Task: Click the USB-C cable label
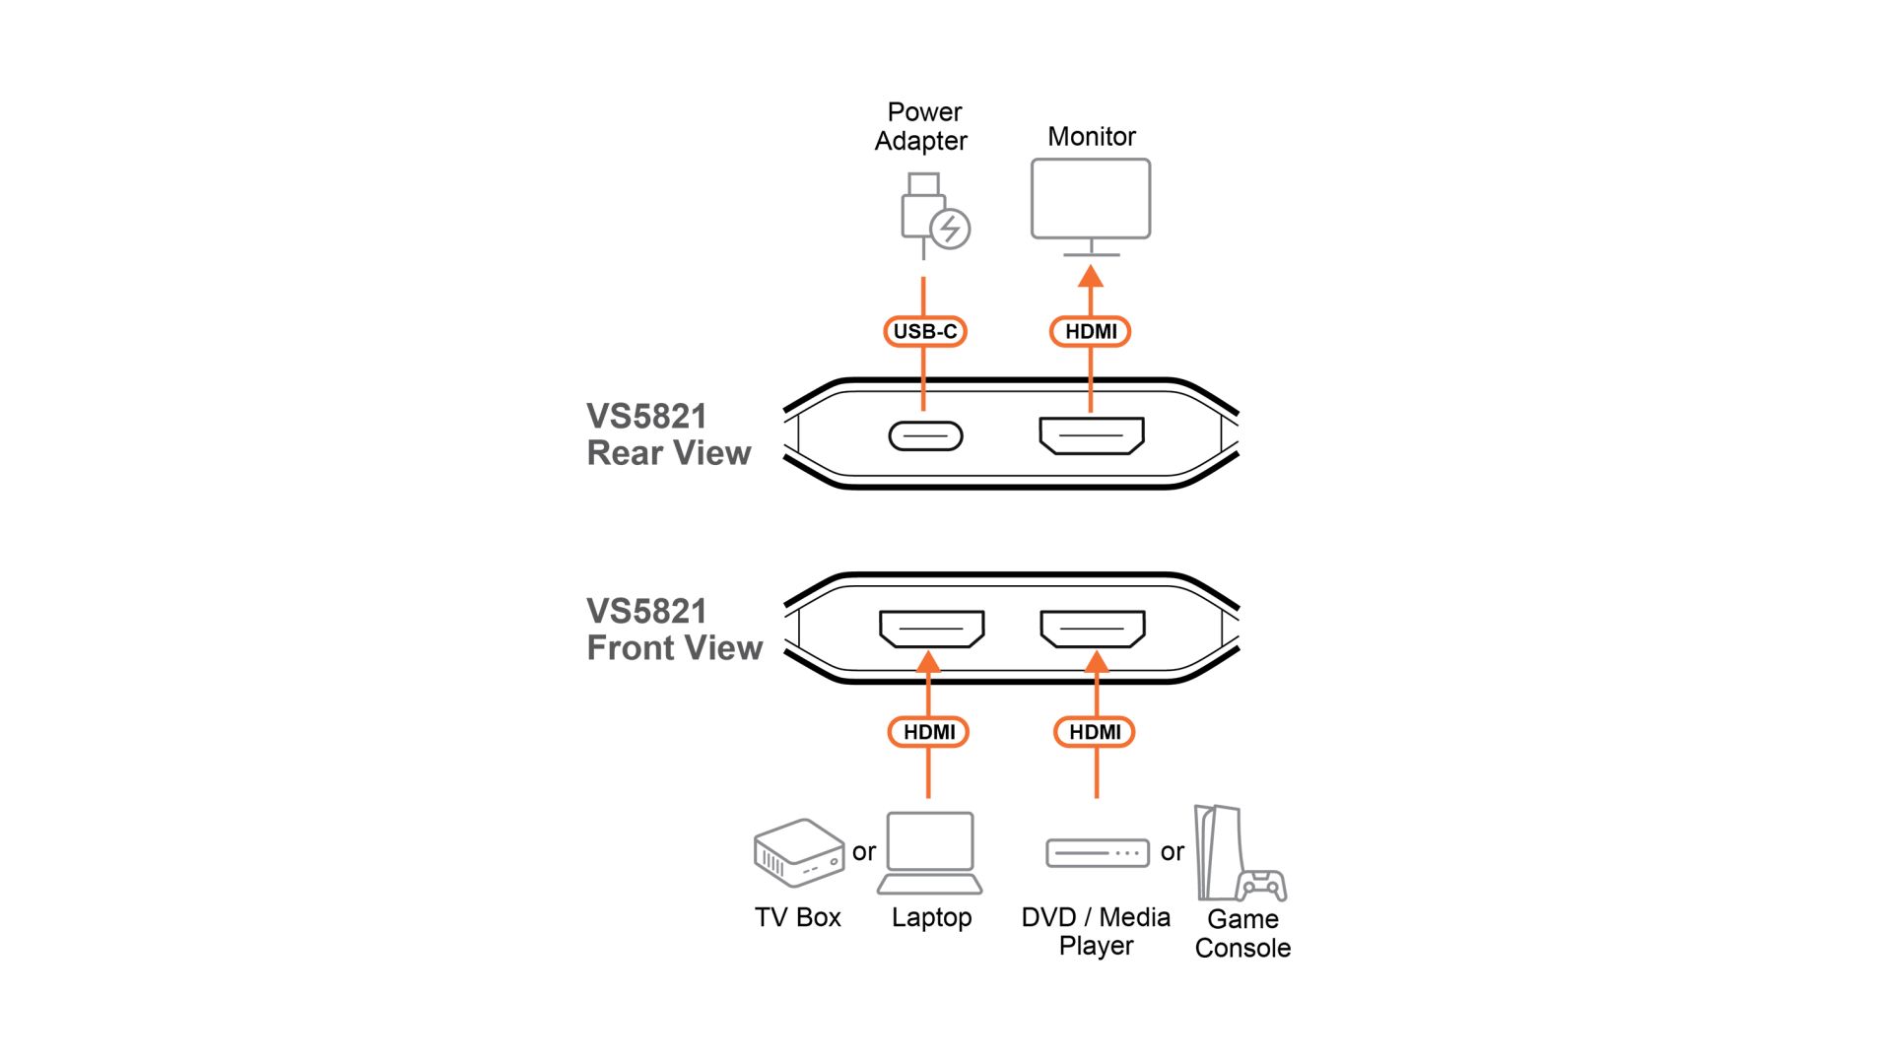click(x=924, y=332)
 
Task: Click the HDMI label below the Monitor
click(x=1090, y=332)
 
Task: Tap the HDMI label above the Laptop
click(x=928, y=732)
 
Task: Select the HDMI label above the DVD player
click(x=1094, y=732)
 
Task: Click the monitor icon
click(x=1090, y=200)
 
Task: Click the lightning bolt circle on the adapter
click(x=950, y=230)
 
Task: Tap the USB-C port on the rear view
click(x=925, y=435)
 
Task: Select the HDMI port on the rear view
click(x=1091, y=435)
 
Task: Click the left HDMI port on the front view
click(x=931, y=629)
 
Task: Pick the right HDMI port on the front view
click(x=1092, y=629)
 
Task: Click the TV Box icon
click(x=798, y=853)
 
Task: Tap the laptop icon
click(x=930, y=853)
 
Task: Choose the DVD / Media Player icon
click(x=1097, y=852)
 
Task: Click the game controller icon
click(x=1262, y=885)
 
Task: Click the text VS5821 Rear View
click(x=668, y=434)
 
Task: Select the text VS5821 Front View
click(x=674, y=630)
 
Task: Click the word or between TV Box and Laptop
click(x=864, y=852)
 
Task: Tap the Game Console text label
click(x=1242, y=933)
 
